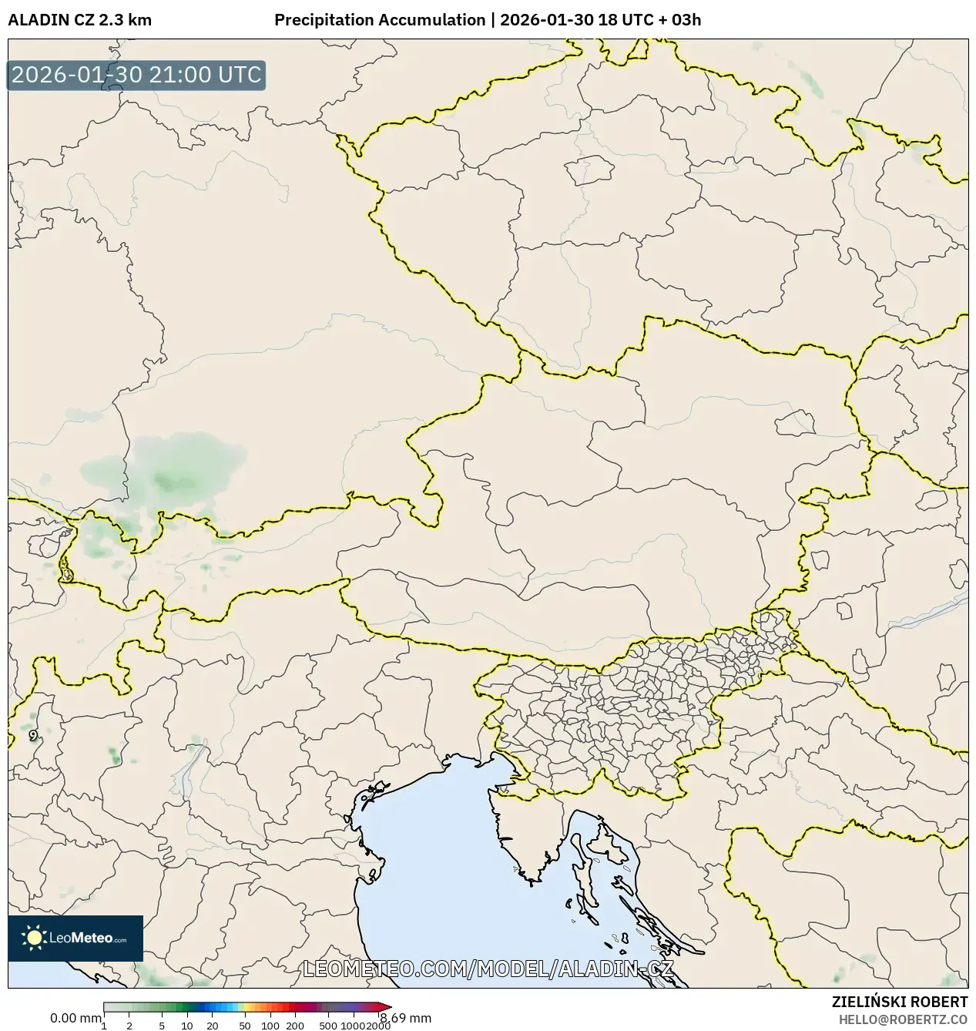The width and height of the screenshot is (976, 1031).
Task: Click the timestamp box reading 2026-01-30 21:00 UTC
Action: click(x=136, y=76)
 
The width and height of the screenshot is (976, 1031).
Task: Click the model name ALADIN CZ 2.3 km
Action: click(x=80, y=20)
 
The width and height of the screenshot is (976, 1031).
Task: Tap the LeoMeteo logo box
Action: click(x=75, y=938)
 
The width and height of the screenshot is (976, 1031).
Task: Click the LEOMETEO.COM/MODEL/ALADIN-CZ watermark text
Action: click(x=488, y=969)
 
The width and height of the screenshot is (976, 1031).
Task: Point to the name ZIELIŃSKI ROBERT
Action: click(x=899, y=1002)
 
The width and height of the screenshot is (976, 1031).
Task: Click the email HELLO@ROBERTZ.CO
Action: click(x=903, y=1019)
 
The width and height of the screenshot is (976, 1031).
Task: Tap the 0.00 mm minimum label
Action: click(x=75, y=1018)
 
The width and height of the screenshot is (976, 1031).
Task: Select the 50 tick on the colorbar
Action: click(x=245, y=1026)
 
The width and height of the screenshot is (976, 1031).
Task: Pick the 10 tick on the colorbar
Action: click(x=187, y=1026)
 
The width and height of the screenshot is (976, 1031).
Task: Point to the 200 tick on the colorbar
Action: click(x=295, y=1026)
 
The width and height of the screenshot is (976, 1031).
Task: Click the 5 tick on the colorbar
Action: click(x=162, y=1026)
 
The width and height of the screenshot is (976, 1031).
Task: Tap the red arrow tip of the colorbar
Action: click(x=386, y=1006)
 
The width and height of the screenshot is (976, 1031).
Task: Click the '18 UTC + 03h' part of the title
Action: click(x=649, y=20)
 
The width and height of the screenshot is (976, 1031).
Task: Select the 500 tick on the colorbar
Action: click(x=328, y=1026)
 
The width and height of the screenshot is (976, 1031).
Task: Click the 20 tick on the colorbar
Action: click(x=213, y=1026)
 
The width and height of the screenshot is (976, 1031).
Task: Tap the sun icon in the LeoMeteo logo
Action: click(x=34, y=938)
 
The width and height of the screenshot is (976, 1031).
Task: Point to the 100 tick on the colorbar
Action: click(x=270, y=1026)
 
